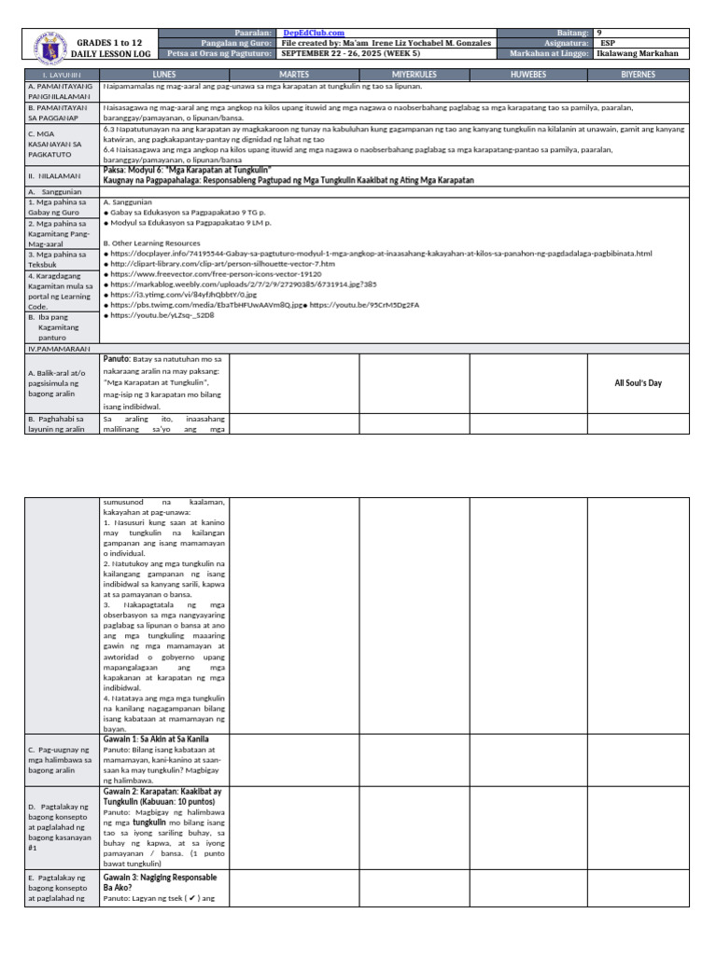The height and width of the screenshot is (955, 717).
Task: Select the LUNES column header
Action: pos(163,73)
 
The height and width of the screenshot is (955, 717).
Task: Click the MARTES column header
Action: pos(293,73)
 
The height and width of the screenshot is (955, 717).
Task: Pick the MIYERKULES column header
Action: pos(414,73)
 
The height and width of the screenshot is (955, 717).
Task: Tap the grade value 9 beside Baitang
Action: pos(600,33)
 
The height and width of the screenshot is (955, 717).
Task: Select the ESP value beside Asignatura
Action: pos(608,43)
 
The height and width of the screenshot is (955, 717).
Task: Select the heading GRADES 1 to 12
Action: pos(111,43)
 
